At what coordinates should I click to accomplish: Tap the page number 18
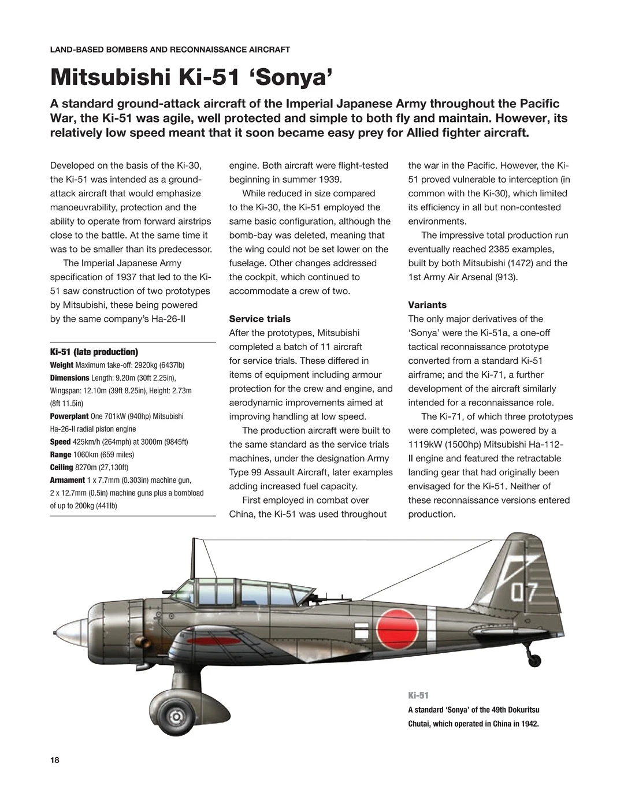55,760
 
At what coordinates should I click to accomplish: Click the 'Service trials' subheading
259,319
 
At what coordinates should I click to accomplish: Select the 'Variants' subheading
427,305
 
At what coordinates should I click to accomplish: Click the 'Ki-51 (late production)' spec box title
94,352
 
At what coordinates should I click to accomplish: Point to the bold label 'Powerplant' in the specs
69,416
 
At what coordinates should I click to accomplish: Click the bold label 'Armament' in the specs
68,480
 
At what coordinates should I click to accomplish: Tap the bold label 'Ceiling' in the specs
62,467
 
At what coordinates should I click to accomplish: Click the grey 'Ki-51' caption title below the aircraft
418,695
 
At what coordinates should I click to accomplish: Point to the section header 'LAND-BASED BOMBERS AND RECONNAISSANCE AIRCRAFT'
170,50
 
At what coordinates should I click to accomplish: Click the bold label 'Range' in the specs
61,455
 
